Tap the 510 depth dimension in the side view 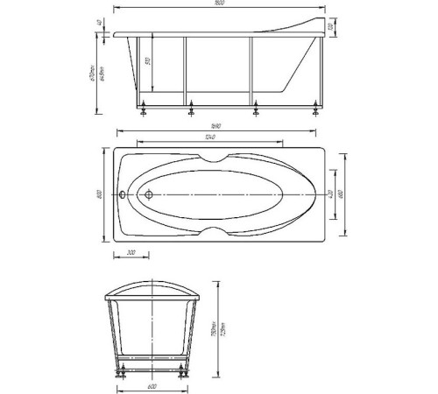(150, 65)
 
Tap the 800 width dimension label (102, 193)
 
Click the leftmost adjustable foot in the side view (144, 109)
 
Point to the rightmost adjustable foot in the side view (314, 109)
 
